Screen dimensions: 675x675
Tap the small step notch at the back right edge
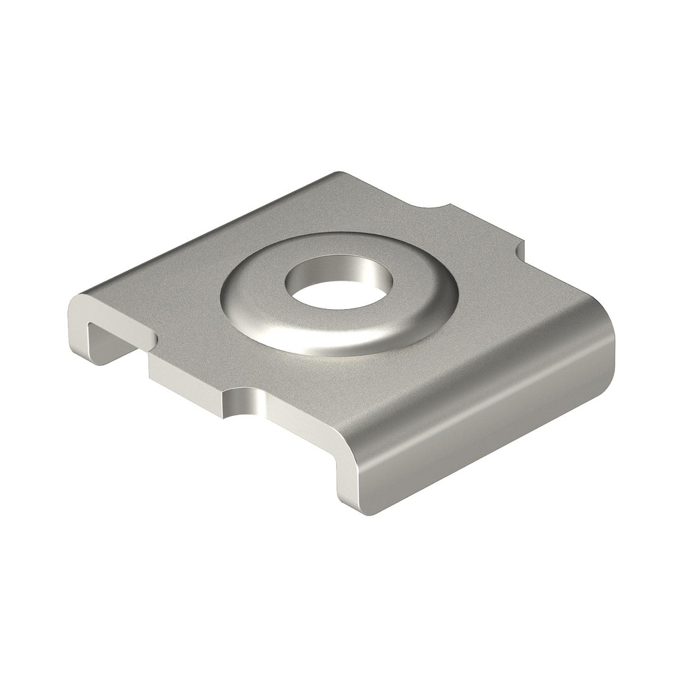click(521, 249)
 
